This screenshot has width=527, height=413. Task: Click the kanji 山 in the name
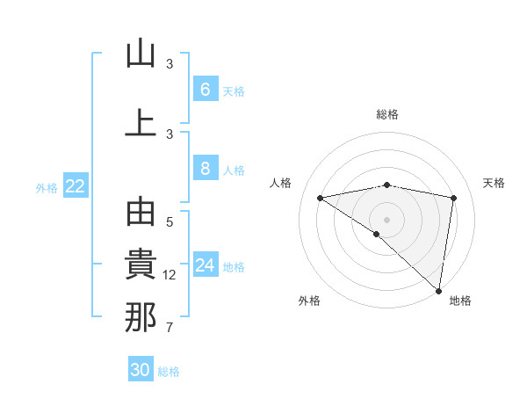click(141, 54)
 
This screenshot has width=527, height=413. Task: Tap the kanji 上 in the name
click(141, 123)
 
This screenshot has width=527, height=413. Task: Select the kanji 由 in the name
click(141, 215)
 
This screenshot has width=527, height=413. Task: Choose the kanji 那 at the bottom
click(141, 317)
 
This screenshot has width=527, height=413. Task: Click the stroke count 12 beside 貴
click(170, 275)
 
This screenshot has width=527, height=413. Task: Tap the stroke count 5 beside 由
click(170, 222)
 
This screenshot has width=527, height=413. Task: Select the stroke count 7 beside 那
click(170, 329)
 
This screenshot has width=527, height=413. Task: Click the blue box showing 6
click(205, 90)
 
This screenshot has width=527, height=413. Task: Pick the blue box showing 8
click(205, 170)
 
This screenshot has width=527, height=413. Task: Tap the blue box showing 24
click(205, 265)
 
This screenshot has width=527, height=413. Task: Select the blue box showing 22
click(76, 186)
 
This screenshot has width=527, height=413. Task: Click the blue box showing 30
click(141, 370)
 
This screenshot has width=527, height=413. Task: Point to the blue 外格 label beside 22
click(47, 187)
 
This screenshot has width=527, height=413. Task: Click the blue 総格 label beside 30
click(170, 372)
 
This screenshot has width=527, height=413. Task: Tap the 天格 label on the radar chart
click(495, 183)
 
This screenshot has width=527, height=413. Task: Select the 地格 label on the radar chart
click(460, 301)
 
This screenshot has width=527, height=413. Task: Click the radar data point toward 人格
click(321, 198)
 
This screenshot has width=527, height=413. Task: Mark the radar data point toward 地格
click(438, 290)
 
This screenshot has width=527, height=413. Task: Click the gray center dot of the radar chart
click(386, 218)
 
